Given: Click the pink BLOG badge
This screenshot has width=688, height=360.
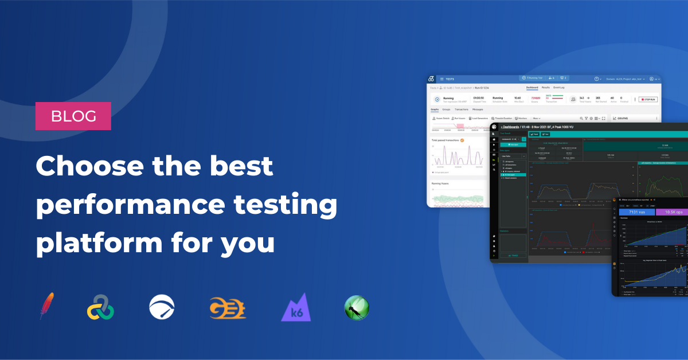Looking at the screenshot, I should point(73,116).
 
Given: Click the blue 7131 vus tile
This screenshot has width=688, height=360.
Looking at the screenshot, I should point(635,212).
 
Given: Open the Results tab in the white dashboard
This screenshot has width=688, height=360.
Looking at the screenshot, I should point(546,88).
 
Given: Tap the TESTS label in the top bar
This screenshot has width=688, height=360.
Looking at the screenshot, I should point(450,79).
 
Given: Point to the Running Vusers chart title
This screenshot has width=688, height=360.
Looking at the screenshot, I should point(441,183).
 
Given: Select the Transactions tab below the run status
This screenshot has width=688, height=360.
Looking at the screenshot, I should point(462,109).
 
